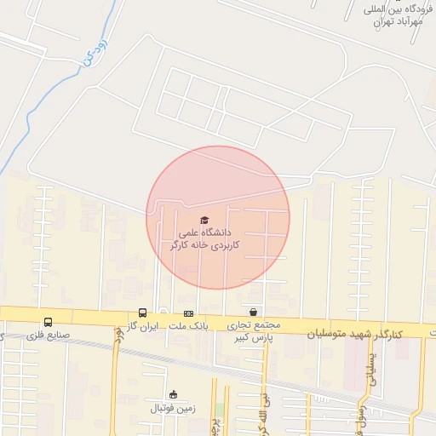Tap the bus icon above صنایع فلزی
point(48,323)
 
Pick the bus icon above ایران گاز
point(142,313)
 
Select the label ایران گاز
point(142,326)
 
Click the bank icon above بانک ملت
point(188,313)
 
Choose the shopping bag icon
point(253,313)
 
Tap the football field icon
point(174,394)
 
